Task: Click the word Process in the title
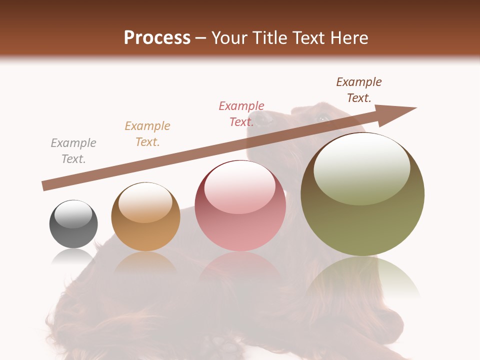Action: point(157,38)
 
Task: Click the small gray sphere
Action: point(73,224)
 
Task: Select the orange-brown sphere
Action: point(145,216)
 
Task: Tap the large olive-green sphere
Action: point(362,194)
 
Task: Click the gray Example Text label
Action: point(73,151)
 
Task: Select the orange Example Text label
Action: point(147,134)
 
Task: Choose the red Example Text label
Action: point(241,113)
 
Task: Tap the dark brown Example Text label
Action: point(359,90)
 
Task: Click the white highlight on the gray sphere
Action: point(73,214)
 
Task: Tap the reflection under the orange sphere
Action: point(145,262)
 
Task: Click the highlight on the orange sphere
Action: point(145,202)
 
